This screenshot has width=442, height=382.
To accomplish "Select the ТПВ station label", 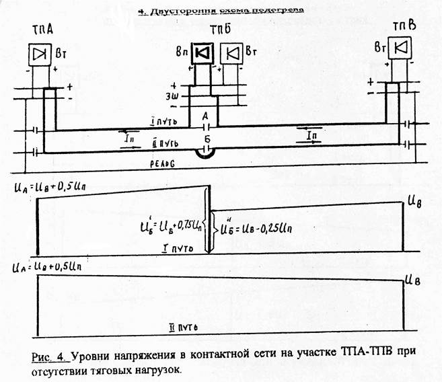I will pos(406,25).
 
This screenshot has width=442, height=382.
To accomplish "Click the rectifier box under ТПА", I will pos(42,54).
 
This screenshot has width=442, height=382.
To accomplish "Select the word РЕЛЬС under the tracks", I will pos(161,163).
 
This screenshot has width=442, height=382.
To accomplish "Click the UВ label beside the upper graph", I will pos(415,200).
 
